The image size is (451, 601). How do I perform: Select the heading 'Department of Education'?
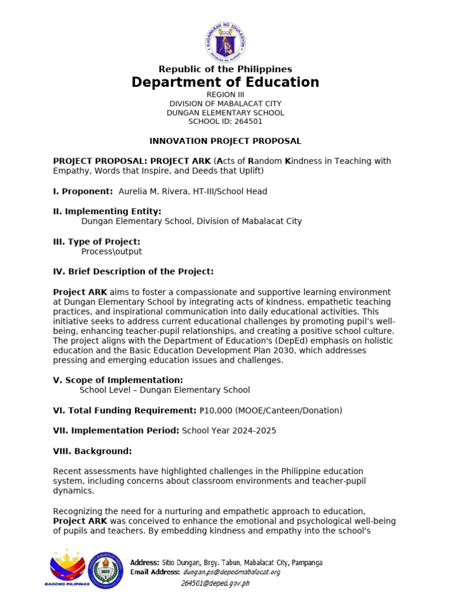pyautogui.click(x=225, y=82)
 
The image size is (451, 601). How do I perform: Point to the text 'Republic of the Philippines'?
pyautogui.click(x=225, y=69)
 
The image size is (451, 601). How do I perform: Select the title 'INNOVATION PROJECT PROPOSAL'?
pyautogui.click(x=225, y=141)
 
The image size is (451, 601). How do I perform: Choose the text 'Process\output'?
pyautogui.click(x=112, y=252)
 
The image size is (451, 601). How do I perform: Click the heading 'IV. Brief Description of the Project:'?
pyautogui.click(x=133, y=271)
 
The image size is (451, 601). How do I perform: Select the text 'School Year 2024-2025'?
pyautogui.click(x=229, y=430)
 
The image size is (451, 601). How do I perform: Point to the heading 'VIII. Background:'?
pyautogui.click(x=92, y=451)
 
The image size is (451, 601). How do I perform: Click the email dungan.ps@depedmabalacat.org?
pyautogui.click(x=231, y=572)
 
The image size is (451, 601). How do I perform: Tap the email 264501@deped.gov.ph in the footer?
pyautogui.click(x=215, y=583)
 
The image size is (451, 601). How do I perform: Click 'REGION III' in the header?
pyautogui.click(x=225, y=94)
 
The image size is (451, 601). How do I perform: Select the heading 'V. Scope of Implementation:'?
pyautogui.click(x=118, y=380)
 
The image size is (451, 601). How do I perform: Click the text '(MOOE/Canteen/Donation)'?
pyautogui.click(x=289, y=410)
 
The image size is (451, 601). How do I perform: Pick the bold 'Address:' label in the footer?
pyautogui.click(x=144, y=562)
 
